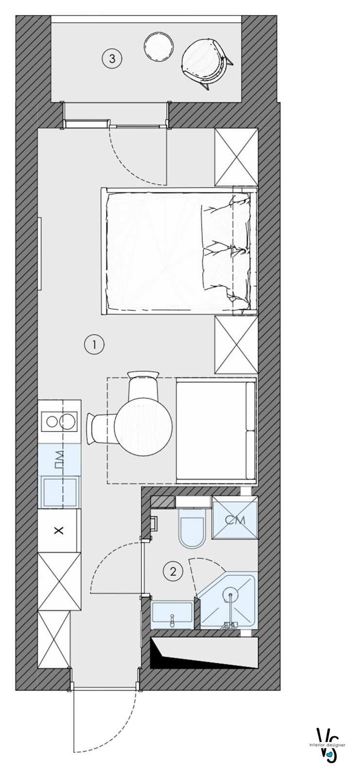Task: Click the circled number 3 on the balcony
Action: [x=112, y=58]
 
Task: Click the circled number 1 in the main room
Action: [x=94, y=344]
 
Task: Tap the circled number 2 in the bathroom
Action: [x=173, y=571]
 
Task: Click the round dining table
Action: [x=144, y=426]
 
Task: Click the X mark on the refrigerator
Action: [x=59, y=530]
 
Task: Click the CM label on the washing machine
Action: [x=235, y=520]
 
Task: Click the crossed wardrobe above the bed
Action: [x=236, y=157]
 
